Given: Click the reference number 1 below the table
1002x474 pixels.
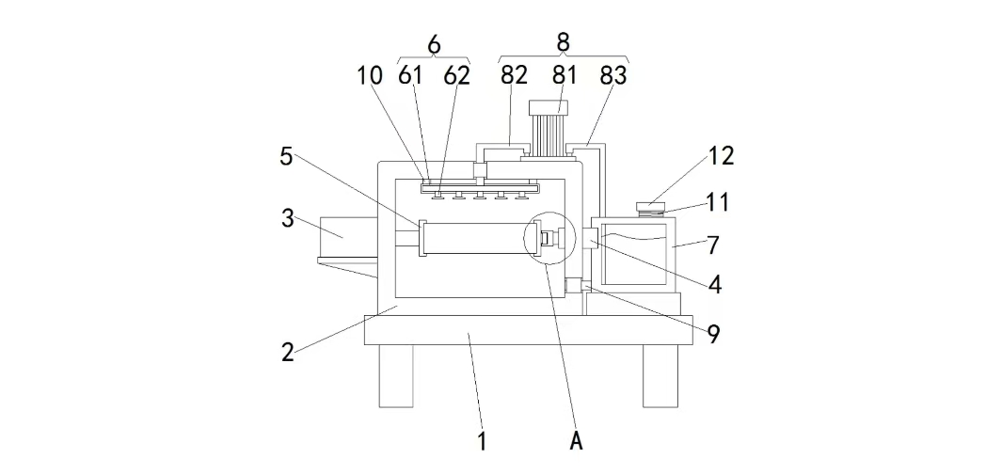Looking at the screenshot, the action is (483, 441).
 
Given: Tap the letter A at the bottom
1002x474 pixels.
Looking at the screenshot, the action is (577, 441).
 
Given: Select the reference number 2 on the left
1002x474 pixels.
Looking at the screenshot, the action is (288, 352).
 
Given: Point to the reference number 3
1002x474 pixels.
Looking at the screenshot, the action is (288, 218).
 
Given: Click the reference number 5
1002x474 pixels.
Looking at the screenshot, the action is (286, 156).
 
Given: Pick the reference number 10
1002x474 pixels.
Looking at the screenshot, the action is (370, 75).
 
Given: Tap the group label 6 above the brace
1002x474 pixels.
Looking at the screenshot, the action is (434, 45).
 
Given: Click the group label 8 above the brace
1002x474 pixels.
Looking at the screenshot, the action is (563, 42).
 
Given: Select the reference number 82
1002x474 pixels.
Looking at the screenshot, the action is (514, 75).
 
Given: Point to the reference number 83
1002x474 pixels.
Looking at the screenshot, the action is (613, 75).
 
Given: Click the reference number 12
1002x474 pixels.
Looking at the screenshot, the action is (721, 156).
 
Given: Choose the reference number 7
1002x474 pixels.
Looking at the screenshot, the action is (713, 245).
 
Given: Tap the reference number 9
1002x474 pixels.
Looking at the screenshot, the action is (713, 334).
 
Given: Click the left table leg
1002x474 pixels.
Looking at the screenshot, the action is (395, 375).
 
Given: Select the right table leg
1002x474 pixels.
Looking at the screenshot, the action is (660, 375).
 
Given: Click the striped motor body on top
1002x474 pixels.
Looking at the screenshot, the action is (549, 135).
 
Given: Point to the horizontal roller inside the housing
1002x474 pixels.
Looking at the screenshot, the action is (475, 238).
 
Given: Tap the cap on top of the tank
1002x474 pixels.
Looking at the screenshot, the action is (650, 206).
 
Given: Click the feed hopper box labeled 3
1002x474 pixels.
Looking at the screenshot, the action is (345, 238).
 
